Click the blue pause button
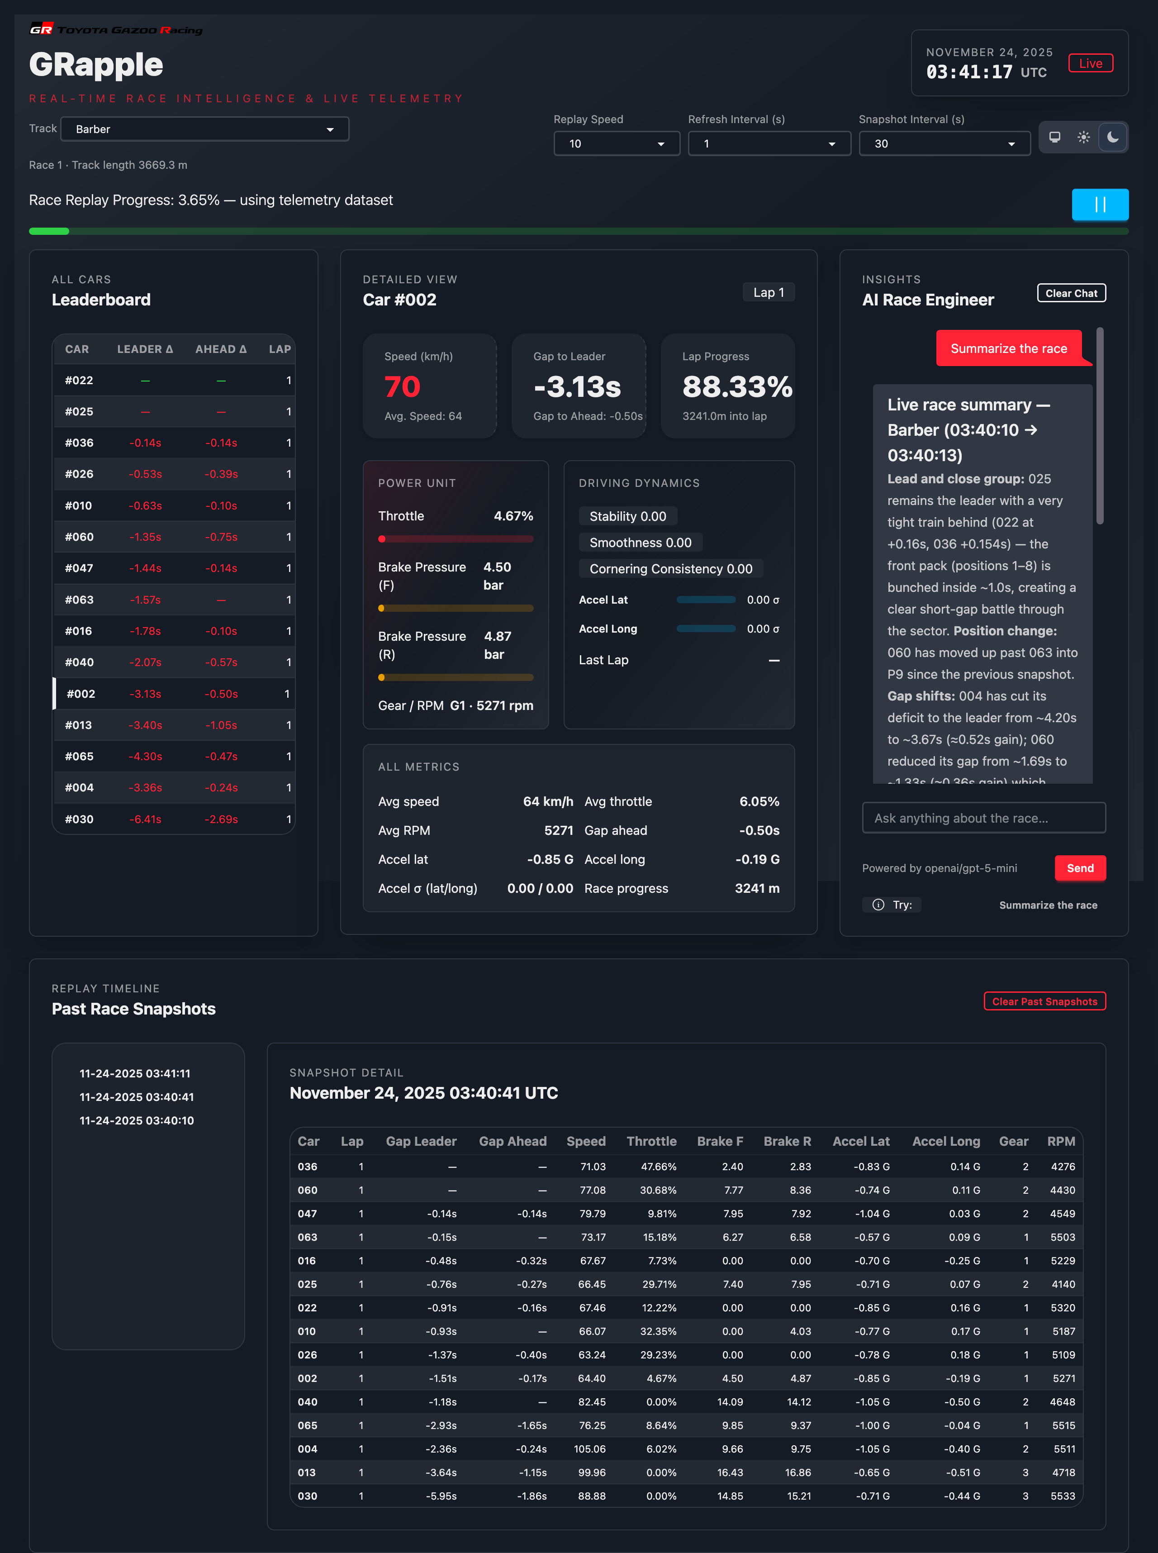click(x=1099, y=205)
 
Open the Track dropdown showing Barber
click(x=204, y=129)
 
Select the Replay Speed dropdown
click(x=616, y=144)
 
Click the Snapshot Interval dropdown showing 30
click(x=944, y=144)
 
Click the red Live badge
click(x=1090, y=63)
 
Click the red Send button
click(x=1079, y=868)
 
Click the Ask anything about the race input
click(x=983, y=818)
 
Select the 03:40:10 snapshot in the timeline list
click(x=137, y=1120)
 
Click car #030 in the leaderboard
click(x=79, y=819)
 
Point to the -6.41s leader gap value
click(x=145, y=819)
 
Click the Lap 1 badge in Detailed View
click(x=768, y=292)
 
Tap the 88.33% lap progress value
click(x=737, y=386)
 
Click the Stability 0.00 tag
click(x=627, y=516)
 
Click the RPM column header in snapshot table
click(x=1061, y=1141)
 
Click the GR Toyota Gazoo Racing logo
click(x=116, y=29)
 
